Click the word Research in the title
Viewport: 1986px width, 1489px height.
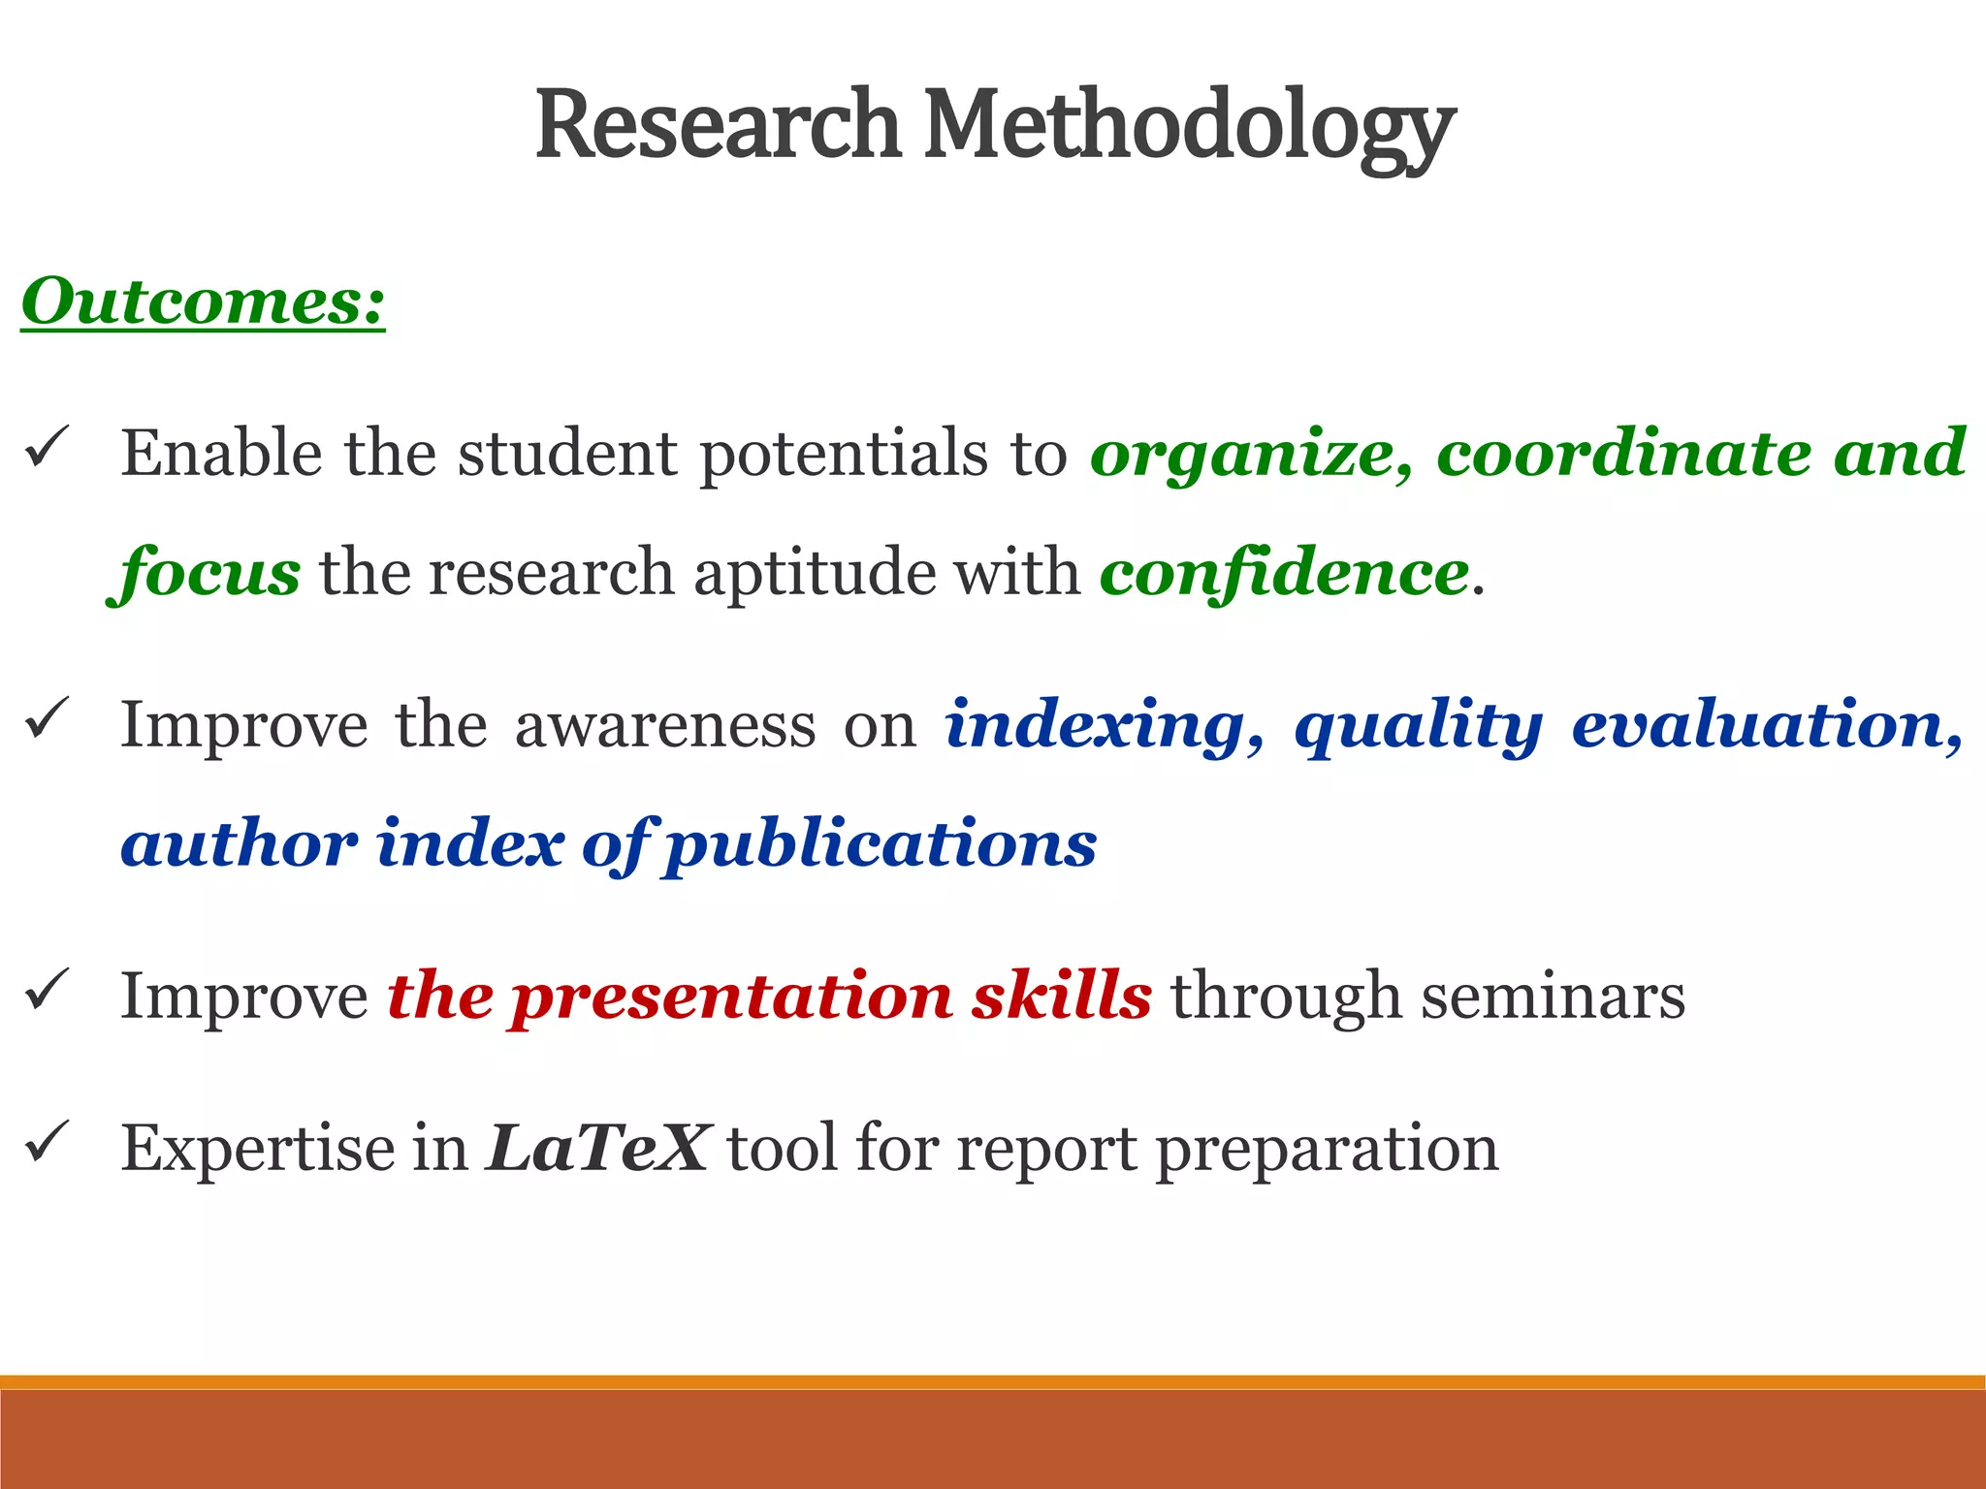pos(719,126)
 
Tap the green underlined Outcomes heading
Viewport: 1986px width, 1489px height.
pos(204,302)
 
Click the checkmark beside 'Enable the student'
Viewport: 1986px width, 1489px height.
pos(47,448)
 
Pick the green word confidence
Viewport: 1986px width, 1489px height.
pos(1285,572)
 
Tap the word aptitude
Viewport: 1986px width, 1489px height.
pos(815,572)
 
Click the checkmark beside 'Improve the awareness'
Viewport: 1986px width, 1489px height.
pos(47,718)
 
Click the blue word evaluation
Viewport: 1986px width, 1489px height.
pos(1765,725)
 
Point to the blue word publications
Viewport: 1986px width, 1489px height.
pos(881,843)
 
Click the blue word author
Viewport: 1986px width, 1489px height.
pos(239,843)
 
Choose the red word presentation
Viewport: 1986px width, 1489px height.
pos(732,997)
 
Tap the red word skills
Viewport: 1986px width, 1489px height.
pos(1062,997)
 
